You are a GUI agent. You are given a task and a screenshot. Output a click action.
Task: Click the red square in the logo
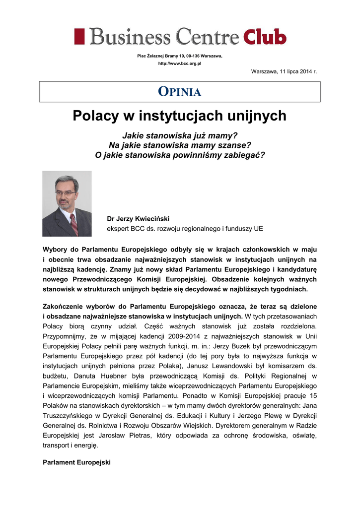tap(79, 37)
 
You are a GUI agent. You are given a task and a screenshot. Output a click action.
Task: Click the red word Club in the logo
tap(265, 37)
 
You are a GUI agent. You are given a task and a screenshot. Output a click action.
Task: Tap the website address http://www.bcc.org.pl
tap(179, 64)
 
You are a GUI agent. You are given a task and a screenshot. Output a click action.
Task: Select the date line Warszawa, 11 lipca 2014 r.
tap(284, 72)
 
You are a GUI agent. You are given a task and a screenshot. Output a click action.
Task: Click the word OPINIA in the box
tap(179, 92)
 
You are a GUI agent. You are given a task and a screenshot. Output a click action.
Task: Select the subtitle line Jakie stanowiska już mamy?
tap(180, 136)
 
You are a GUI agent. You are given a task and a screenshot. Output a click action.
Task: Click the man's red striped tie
tap(73, 224)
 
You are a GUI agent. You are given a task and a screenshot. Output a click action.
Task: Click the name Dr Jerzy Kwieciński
tap(138, 218)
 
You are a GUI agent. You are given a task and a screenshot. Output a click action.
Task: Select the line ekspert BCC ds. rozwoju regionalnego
tap(185, 229)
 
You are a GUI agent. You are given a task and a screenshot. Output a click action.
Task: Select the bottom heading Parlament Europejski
tap(77, 462)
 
